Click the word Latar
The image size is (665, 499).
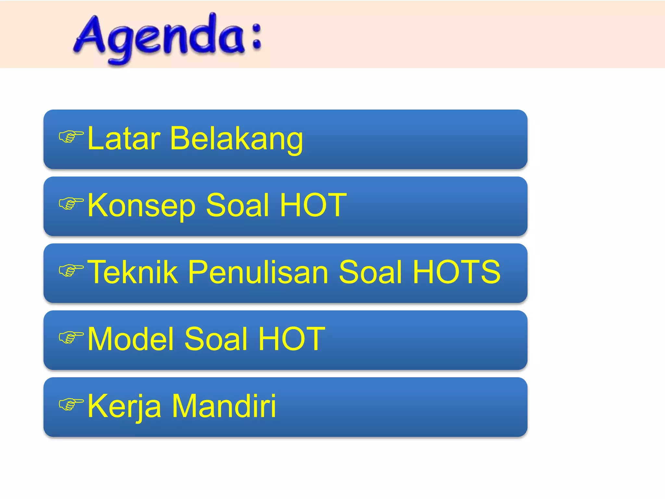point(124,139)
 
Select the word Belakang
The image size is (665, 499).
point(236,139)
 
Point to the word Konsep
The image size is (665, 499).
point(142,205)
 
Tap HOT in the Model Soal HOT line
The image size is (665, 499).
point(292,339)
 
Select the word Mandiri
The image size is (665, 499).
point(224,406)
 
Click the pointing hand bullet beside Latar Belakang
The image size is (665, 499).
point(71,137)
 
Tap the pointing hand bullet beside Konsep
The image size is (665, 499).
point(71,204)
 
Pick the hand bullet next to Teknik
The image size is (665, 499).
point(71,271)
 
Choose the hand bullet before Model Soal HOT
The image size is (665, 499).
point(71,338)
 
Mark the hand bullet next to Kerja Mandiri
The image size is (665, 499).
point(71,404)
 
